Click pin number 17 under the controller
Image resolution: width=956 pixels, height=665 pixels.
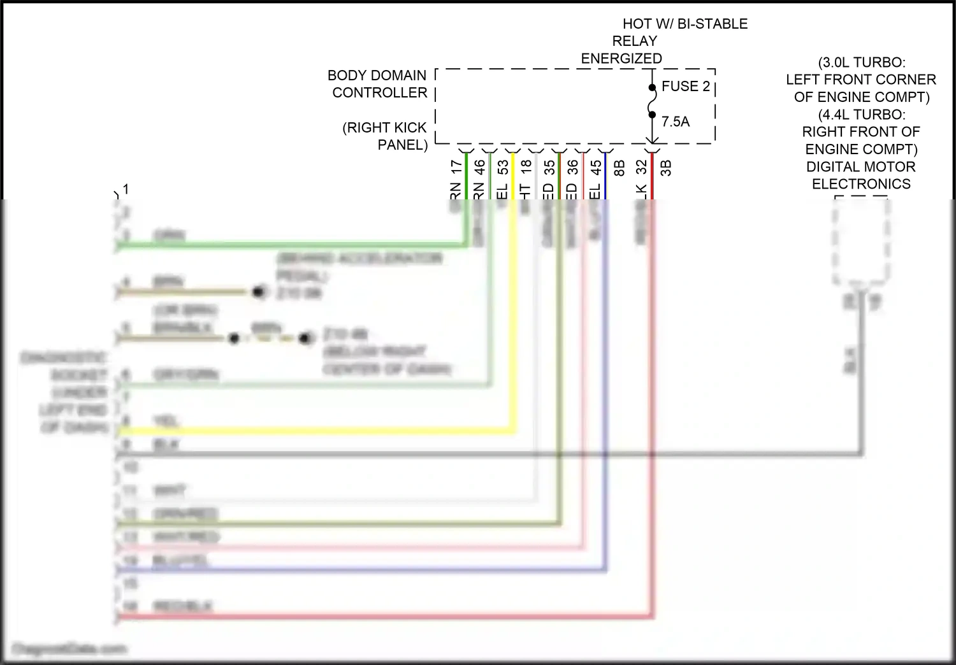pyautogui.click(x=456, y=168)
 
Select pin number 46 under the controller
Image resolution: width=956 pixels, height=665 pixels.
pyautogui.click(x=479, y=168)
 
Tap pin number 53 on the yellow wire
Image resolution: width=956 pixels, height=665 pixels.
pyautogui.click(x=503, y=168)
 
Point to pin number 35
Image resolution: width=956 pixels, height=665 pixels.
pyautogui.click(x=549, y=168)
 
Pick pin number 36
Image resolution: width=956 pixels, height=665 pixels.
pyautogui.click(x=572, y=168)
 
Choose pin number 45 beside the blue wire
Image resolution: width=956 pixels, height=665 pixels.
pyautogui.click(x=595, y=168)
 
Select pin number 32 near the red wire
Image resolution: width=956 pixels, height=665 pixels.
pyautogui.click(x=641, y=168)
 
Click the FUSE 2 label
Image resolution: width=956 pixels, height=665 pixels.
pyautogui.click(x=685, y=87)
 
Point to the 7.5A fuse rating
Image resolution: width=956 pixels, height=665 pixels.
pyautogui.click(x=675, y=122)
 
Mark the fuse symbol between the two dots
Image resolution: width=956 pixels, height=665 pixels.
pyautogui.click(x=652, y=101)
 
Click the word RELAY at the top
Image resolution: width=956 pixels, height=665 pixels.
pyautogui.click(x=634, y=41)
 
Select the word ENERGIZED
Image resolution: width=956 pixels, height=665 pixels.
pyautogui.click(x=621, y=59)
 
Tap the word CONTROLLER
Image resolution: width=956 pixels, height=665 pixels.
pyautogui.click(x=379, y=93)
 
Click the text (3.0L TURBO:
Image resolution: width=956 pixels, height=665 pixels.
pyautogui.click(x=861, y=62)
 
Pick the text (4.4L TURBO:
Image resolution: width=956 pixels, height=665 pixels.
pyautogui.click(x=861, y=115)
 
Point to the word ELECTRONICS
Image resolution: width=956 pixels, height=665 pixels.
pyautogui.click(x=861, y=184)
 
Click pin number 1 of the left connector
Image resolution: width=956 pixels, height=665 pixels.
pyautogui.click(x=126, y=189)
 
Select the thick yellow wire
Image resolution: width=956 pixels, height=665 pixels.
pyautogui.click(x=319, y=432)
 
